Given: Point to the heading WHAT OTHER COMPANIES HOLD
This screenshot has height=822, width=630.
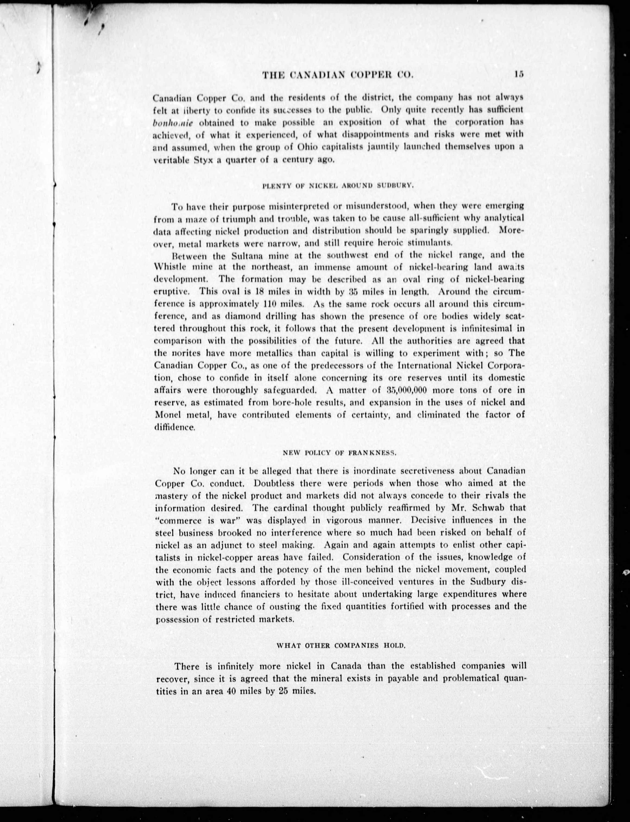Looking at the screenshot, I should click(341, 646).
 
